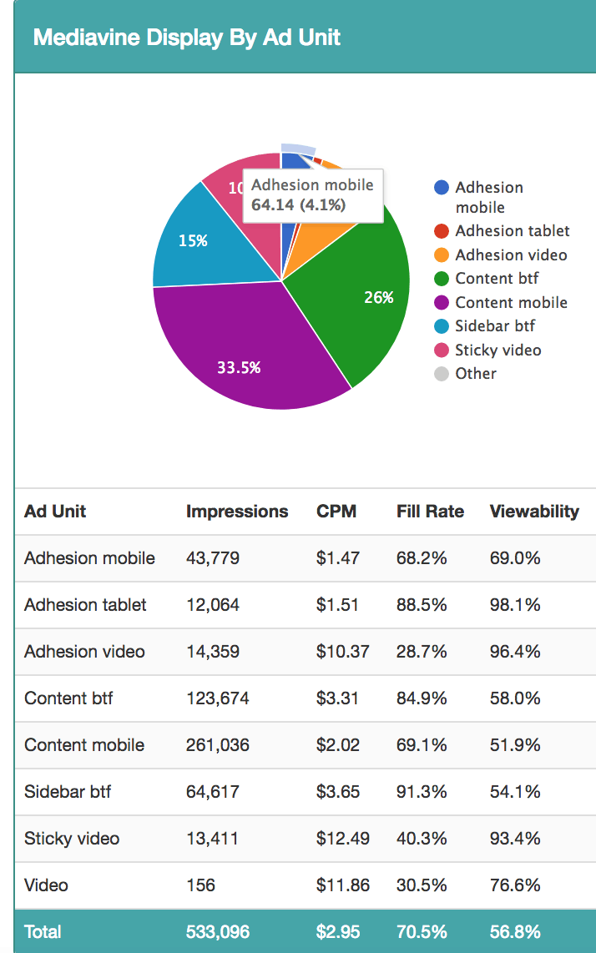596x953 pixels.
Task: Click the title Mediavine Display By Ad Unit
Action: pos(187,38)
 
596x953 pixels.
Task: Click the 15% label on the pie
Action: pos(193,241)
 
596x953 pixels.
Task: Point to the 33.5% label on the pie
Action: pos(239,367)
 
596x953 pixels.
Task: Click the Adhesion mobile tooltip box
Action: pos(313,194)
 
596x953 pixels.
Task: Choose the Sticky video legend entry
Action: pos(498,350)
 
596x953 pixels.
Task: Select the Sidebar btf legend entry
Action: pos(495,326)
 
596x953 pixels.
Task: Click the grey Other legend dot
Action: pos(442,374)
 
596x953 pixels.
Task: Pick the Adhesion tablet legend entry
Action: pos(512,231)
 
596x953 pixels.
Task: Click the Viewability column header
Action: pos(534,512)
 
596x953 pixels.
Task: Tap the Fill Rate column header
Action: pos(430,512)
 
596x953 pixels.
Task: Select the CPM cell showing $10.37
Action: pos(342,652)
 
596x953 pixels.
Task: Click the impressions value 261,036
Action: pos(217,745)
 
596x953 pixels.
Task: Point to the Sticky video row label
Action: pos(72,839)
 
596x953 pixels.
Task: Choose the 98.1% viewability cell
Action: pos(515,605)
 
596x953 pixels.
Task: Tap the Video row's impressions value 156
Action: pos(200,885)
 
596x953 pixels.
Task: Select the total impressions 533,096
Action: pos(217,931)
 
